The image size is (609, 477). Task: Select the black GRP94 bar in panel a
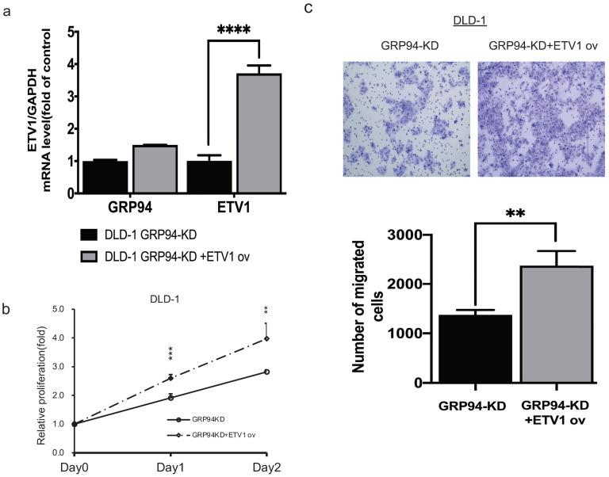[105, 177]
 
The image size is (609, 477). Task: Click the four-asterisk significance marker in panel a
[232, 31]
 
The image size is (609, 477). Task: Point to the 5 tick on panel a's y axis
[71, 32]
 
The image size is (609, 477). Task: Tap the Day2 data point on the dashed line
[267, 338]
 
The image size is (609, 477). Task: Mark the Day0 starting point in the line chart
[74, 424]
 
